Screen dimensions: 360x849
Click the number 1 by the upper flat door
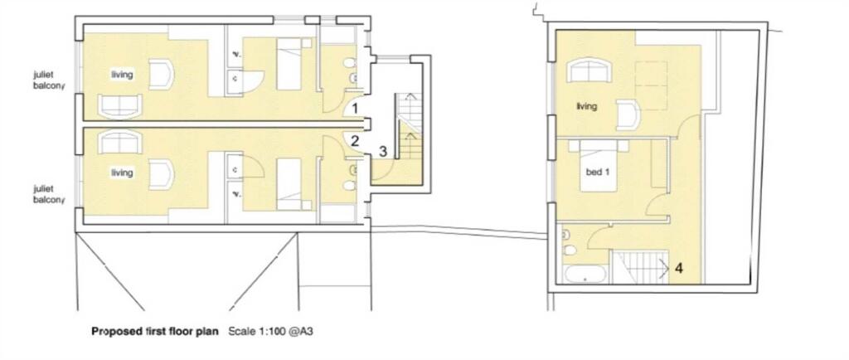354,108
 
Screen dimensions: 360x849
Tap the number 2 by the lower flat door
354,140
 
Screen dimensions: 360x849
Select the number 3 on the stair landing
382,151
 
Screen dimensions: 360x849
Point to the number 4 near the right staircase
678,268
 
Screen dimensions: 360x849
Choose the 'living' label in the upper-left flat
123,75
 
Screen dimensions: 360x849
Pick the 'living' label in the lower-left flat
122,173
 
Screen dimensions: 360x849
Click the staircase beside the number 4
638,267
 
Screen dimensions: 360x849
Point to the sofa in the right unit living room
591,71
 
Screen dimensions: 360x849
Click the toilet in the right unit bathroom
566,250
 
